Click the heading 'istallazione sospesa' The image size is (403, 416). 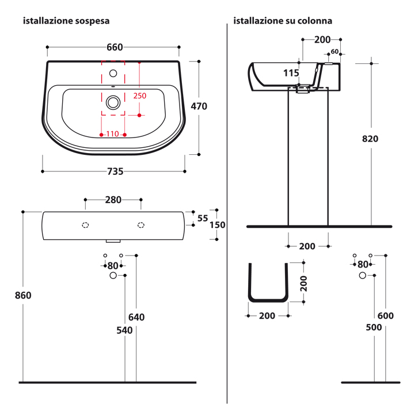[66, 21]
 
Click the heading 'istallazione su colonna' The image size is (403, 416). [282, 21]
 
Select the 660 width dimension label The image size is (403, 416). [115, 47]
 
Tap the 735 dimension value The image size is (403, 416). [115, 171]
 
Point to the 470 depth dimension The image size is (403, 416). [199, 106]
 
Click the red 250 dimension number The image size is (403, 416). [140, 96]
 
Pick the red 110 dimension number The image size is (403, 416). [112, 134]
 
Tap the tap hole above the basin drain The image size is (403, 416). [113, 73]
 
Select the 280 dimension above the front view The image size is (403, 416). [113, 200]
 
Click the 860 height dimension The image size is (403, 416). [23, 296]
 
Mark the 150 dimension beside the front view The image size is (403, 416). [217, 225]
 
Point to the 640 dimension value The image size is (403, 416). [136, 318]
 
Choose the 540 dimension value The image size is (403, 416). [124, 330]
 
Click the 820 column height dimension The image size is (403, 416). [371, 139]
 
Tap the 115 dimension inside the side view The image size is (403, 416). [291, 73]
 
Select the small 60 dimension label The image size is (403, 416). [334, 52]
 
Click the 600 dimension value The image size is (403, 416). [386, 315]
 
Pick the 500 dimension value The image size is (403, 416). [374, 327]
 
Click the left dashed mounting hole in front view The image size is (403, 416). [85, 225]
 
